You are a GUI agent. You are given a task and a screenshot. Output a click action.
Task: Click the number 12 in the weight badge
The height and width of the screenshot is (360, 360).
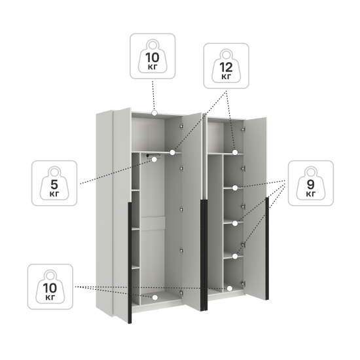pyautogui.click(x=226, y=67)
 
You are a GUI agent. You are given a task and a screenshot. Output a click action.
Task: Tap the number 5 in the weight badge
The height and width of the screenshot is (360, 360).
pyautogui.click(x=54, y=185)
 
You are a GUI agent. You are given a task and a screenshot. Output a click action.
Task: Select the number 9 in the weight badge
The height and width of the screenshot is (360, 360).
pyautogui.click(x=311, y=185)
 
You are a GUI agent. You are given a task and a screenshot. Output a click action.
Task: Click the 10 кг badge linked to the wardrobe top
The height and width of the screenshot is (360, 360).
pyautogui.click(x=153, y=56)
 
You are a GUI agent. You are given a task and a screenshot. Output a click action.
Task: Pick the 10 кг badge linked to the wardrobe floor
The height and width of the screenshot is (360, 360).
pyautogui.click(x=50, y=287)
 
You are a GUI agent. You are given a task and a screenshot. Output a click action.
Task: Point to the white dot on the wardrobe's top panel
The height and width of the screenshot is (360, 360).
pyautogui.click(x=154, y=113)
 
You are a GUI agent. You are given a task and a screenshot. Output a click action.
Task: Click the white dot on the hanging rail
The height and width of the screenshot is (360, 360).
pyautogui.click(x=154, y=160)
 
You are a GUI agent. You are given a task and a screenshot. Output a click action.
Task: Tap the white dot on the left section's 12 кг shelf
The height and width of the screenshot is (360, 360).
pyautogui.click(x=172, y=153)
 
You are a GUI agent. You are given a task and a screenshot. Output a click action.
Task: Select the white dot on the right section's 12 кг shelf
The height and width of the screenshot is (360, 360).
pyautogui.click(x=235, y=153)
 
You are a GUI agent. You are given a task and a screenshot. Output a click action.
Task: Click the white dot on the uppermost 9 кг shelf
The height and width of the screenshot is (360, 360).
pyautogui.click(x=235, y=188)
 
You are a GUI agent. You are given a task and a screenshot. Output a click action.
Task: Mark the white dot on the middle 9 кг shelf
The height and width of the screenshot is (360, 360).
pyautogui.click(x=235, y=223)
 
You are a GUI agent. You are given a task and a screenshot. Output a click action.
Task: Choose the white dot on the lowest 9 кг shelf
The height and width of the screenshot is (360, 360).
pyautogui.click(x=235, y=257)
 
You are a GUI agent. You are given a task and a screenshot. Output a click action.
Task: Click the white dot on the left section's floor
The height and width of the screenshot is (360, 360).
pyautogui.click(x=155, y=298)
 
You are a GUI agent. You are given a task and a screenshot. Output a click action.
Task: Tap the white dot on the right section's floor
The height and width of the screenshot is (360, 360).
pyautogui.click(x=230, y=289)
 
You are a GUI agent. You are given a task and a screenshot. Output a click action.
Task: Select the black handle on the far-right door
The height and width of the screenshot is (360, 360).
pyautogui.click(x=267, y=249)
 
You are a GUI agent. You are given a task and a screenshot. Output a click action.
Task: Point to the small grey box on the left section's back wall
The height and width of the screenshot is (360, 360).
pyautogui.click(x=153, y=223)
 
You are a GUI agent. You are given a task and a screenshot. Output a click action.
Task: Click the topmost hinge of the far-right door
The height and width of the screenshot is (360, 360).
pyautogui.click(x=243, y=130)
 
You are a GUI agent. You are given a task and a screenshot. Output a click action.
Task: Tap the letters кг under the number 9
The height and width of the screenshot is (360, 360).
pyautogui.click(x=311, y=194)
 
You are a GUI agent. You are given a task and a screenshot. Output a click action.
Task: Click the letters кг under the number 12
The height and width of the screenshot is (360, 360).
pyautogui.click(x=226, y=77)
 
